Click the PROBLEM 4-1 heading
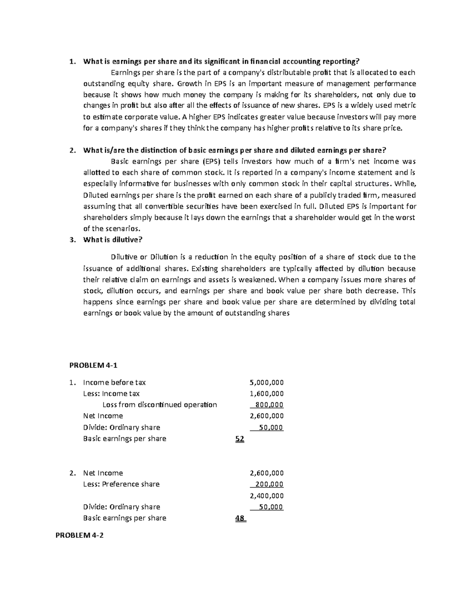coord(93,365)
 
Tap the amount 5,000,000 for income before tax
coord(267,382)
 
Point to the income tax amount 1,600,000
coord(267,393)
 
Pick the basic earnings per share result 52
coord(240,439)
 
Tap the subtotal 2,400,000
coord(267,496)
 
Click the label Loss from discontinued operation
coord(159,405)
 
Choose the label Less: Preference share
coord(121,484)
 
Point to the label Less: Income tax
coord(111,393)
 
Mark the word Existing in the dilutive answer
coord(205,269)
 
